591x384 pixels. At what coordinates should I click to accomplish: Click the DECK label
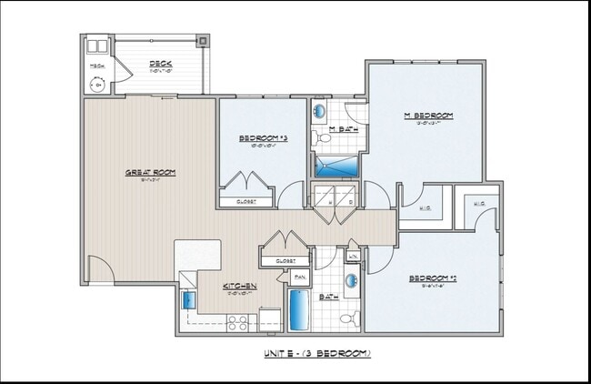coord(161,64)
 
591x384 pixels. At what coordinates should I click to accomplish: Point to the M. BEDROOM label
coord(428,116)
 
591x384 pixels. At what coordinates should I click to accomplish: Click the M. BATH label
coord(342,129)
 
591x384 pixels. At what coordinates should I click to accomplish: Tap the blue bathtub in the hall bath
coord(299,309)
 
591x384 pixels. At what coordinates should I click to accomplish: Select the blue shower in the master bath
coord(336,166)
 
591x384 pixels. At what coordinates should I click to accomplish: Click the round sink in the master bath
coord(320,112)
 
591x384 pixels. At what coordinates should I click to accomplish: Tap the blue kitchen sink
coord(189,299)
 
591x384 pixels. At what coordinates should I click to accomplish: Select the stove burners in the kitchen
coord(237,321)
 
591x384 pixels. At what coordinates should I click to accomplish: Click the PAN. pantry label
coord(299,276)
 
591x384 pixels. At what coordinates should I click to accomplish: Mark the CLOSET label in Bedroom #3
coord(245,201)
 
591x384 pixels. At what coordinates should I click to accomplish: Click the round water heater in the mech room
coord(97,85)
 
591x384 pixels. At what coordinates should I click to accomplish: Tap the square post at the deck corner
coord(203,41)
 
